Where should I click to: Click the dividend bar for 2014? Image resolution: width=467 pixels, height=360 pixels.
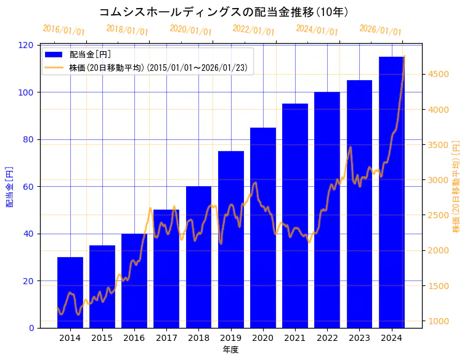click(70, 292)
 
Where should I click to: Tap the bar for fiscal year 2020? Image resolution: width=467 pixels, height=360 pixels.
click(262, 227)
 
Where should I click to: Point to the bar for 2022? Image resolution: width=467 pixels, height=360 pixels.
click(327, 210)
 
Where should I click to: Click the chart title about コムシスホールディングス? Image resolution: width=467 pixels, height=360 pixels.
click(224, 12)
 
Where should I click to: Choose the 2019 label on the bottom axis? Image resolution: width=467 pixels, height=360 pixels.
click(230, 337)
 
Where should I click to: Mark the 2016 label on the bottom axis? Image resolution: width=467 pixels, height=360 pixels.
click(134, 337)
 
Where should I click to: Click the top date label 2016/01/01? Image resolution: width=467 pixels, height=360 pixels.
click(64, 30)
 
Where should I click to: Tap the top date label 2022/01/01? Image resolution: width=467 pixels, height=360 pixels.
click(254, 30)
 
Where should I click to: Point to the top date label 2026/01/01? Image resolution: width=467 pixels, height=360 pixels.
click(380, 30)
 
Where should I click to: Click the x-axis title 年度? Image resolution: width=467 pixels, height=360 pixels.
click(230, 350)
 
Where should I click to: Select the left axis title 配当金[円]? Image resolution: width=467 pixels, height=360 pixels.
click(9, 186)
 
